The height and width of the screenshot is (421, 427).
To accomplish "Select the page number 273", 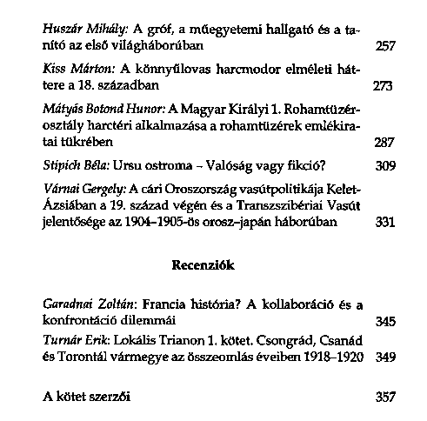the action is point(384,87).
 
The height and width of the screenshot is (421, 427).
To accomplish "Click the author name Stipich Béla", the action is point(76,164).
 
